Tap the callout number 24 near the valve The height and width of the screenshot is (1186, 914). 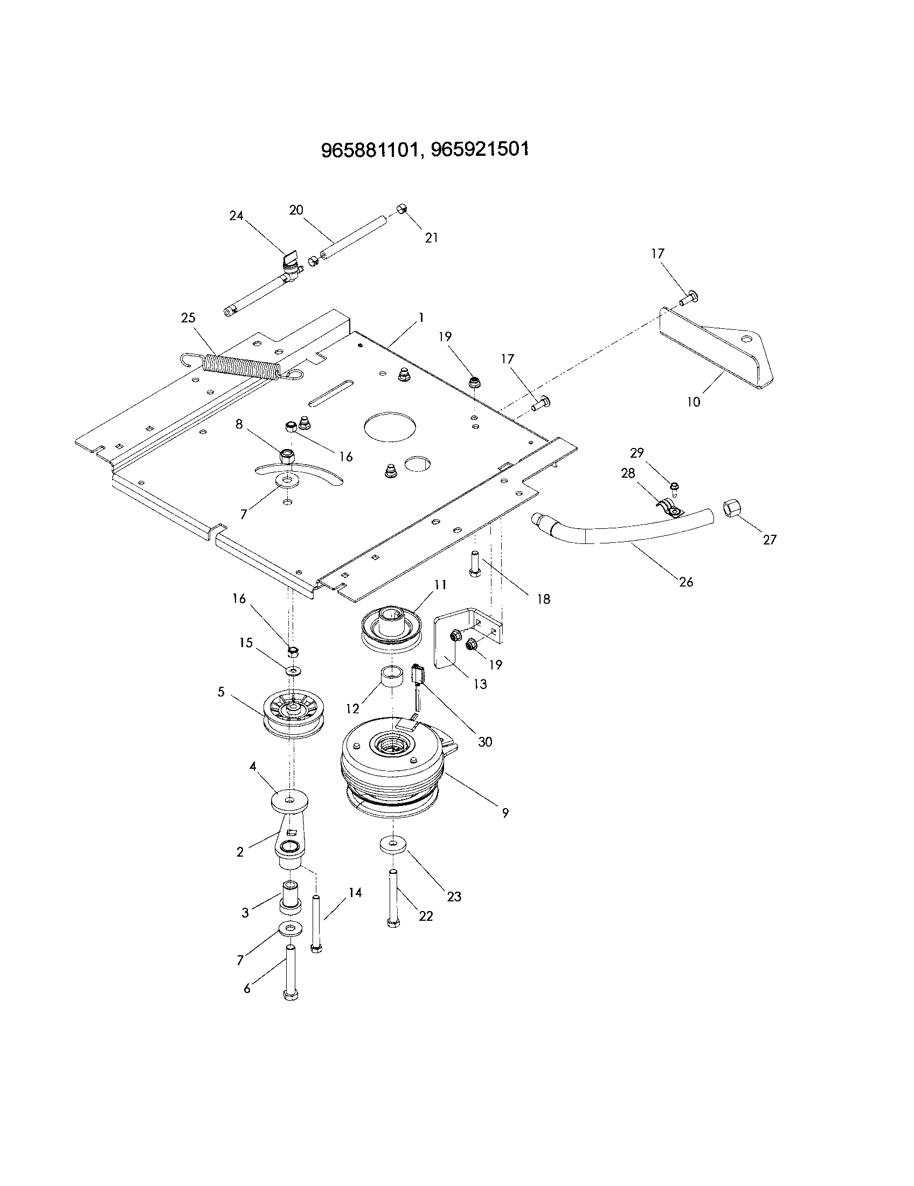point(236,216)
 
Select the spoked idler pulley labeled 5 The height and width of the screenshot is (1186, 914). point(293,715)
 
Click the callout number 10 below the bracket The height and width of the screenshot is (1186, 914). point(694,402)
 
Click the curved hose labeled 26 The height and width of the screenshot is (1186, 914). point(624,528)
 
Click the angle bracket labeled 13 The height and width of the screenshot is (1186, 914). point(453,636)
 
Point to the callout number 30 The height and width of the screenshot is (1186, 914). point(484,742)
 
